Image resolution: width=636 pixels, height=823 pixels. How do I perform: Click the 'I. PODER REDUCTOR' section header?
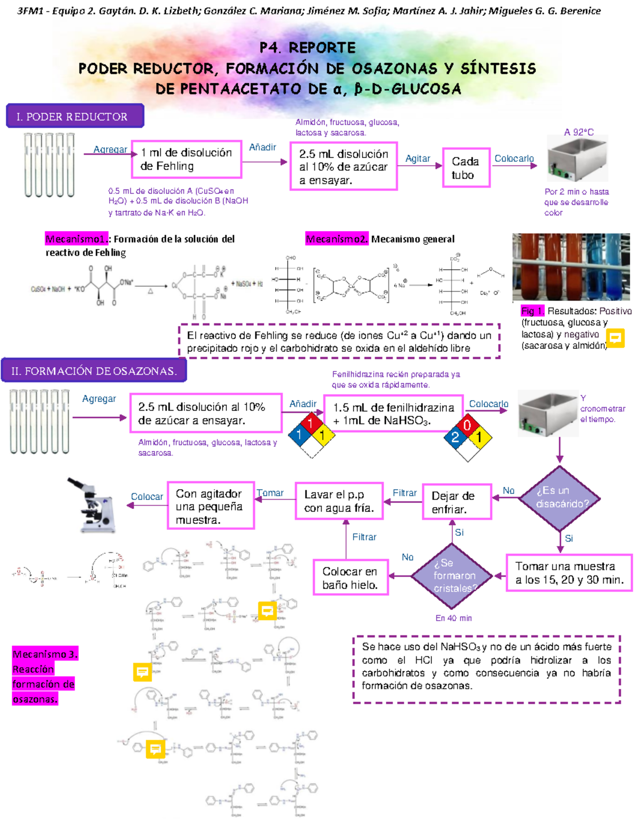pos(75,116)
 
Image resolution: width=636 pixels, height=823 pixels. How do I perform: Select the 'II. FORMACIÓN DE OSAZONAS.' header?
pos(94,370)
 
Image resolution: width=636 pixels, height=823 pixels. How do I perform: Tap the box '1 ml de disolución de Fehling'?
pos(187,160)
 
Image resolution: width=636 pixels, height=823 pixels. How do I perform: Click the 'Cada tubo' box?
pos(466,168)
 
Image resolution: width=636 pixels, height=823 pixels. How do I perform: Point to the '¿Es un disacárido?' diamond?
pos(560,498)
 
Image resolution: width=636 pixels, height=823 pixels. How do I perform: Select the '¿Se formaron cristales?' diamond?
pos(453,576)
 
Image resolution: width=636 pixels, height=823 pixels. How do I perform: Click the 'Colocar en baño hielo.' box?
pos(350,578)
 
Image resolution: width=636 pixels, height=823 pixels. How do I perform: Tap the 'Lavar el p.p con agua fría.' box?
pos(339,501)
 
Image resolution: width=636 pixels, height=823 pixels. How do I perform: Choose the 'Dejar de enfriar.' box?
pos(456,502)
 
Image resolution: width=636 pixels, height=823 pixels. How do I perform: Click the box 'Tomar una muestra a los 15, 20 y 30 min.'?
pos(569,573)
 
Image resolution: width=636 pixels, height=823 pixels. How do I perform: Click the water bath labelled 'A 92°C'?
pos(578,159)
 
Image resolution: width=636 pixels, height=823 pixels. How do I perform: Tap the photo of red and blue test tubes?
pos(571,267)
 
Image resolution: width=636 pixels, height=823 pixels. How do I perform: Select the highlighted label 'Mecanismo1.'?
pos(76,239)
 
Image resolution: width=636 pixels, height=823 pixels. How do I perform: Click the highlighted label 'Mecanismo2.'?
pos(337,239)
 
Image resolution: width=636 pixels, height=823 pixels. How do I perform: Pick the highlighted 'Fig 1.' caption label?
pos(532,311)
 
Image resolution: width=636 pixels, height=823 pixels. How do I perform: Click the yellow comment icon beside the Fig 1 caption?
pos(615,338)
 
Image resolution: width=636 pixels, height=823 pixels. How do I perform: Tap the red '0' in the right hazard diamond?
pos(467,425)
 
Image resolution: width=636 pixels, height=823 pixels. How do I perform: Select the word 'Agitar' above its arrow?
pos(418,158)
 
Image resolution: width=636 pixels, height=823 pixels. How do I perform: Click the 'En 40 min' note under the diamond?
pos(453,618)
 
